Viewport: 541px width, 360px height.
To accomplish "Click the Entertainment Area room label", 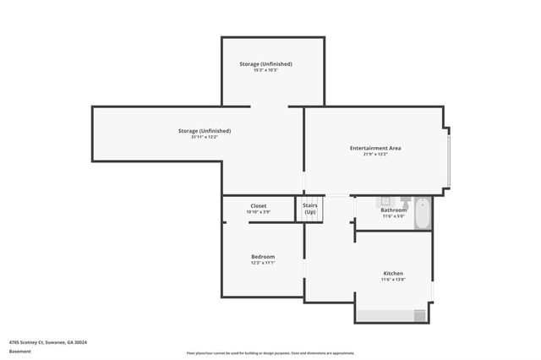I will tap(375, 148).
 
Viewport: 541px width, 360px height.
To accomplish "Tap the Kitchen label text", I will tap(393, 274).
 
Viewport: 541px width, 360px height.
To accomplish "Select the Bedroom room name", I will tap(263, 256).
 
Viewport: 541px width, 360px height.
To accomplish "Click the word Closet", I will tap(259, 205).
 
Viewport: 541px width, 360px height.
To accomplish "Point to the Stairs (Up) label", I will tap(310, 208).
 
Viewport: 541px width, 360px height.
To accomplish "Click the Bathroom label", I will tap(393, 210).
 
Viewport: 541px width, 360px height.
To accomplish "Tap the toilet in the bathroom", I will tap(405, 203).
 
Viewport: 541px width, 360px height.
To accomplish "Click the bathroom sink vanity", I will tap(382, 201).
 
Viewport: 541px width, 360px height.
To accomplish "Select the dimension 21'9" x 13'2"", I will tap(375, 155).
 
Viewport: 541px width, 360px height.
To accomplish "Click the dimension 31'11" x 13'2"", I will tap(205, 137).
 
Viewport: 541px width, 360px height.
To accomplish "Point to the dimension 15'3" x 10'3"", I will tap(265, 70).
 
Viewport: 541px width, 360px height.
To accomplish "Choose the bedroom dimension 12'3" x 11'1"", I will tap(263, 263).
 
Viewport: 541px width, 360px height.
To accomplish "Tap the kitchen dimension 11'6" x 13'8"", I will tap(393, 281).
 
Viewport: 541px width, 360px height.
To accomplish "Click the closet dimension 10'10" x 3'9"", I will tap(259, 212).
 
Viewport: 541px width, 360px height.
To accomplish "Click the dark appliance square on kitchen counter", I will tap(419, 315).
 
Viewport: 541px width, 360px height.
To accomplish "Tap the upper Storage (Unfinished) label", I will tap(265, 63).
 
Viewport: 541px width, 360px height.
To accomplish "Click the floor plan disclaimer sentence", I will tap(270, 353).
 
